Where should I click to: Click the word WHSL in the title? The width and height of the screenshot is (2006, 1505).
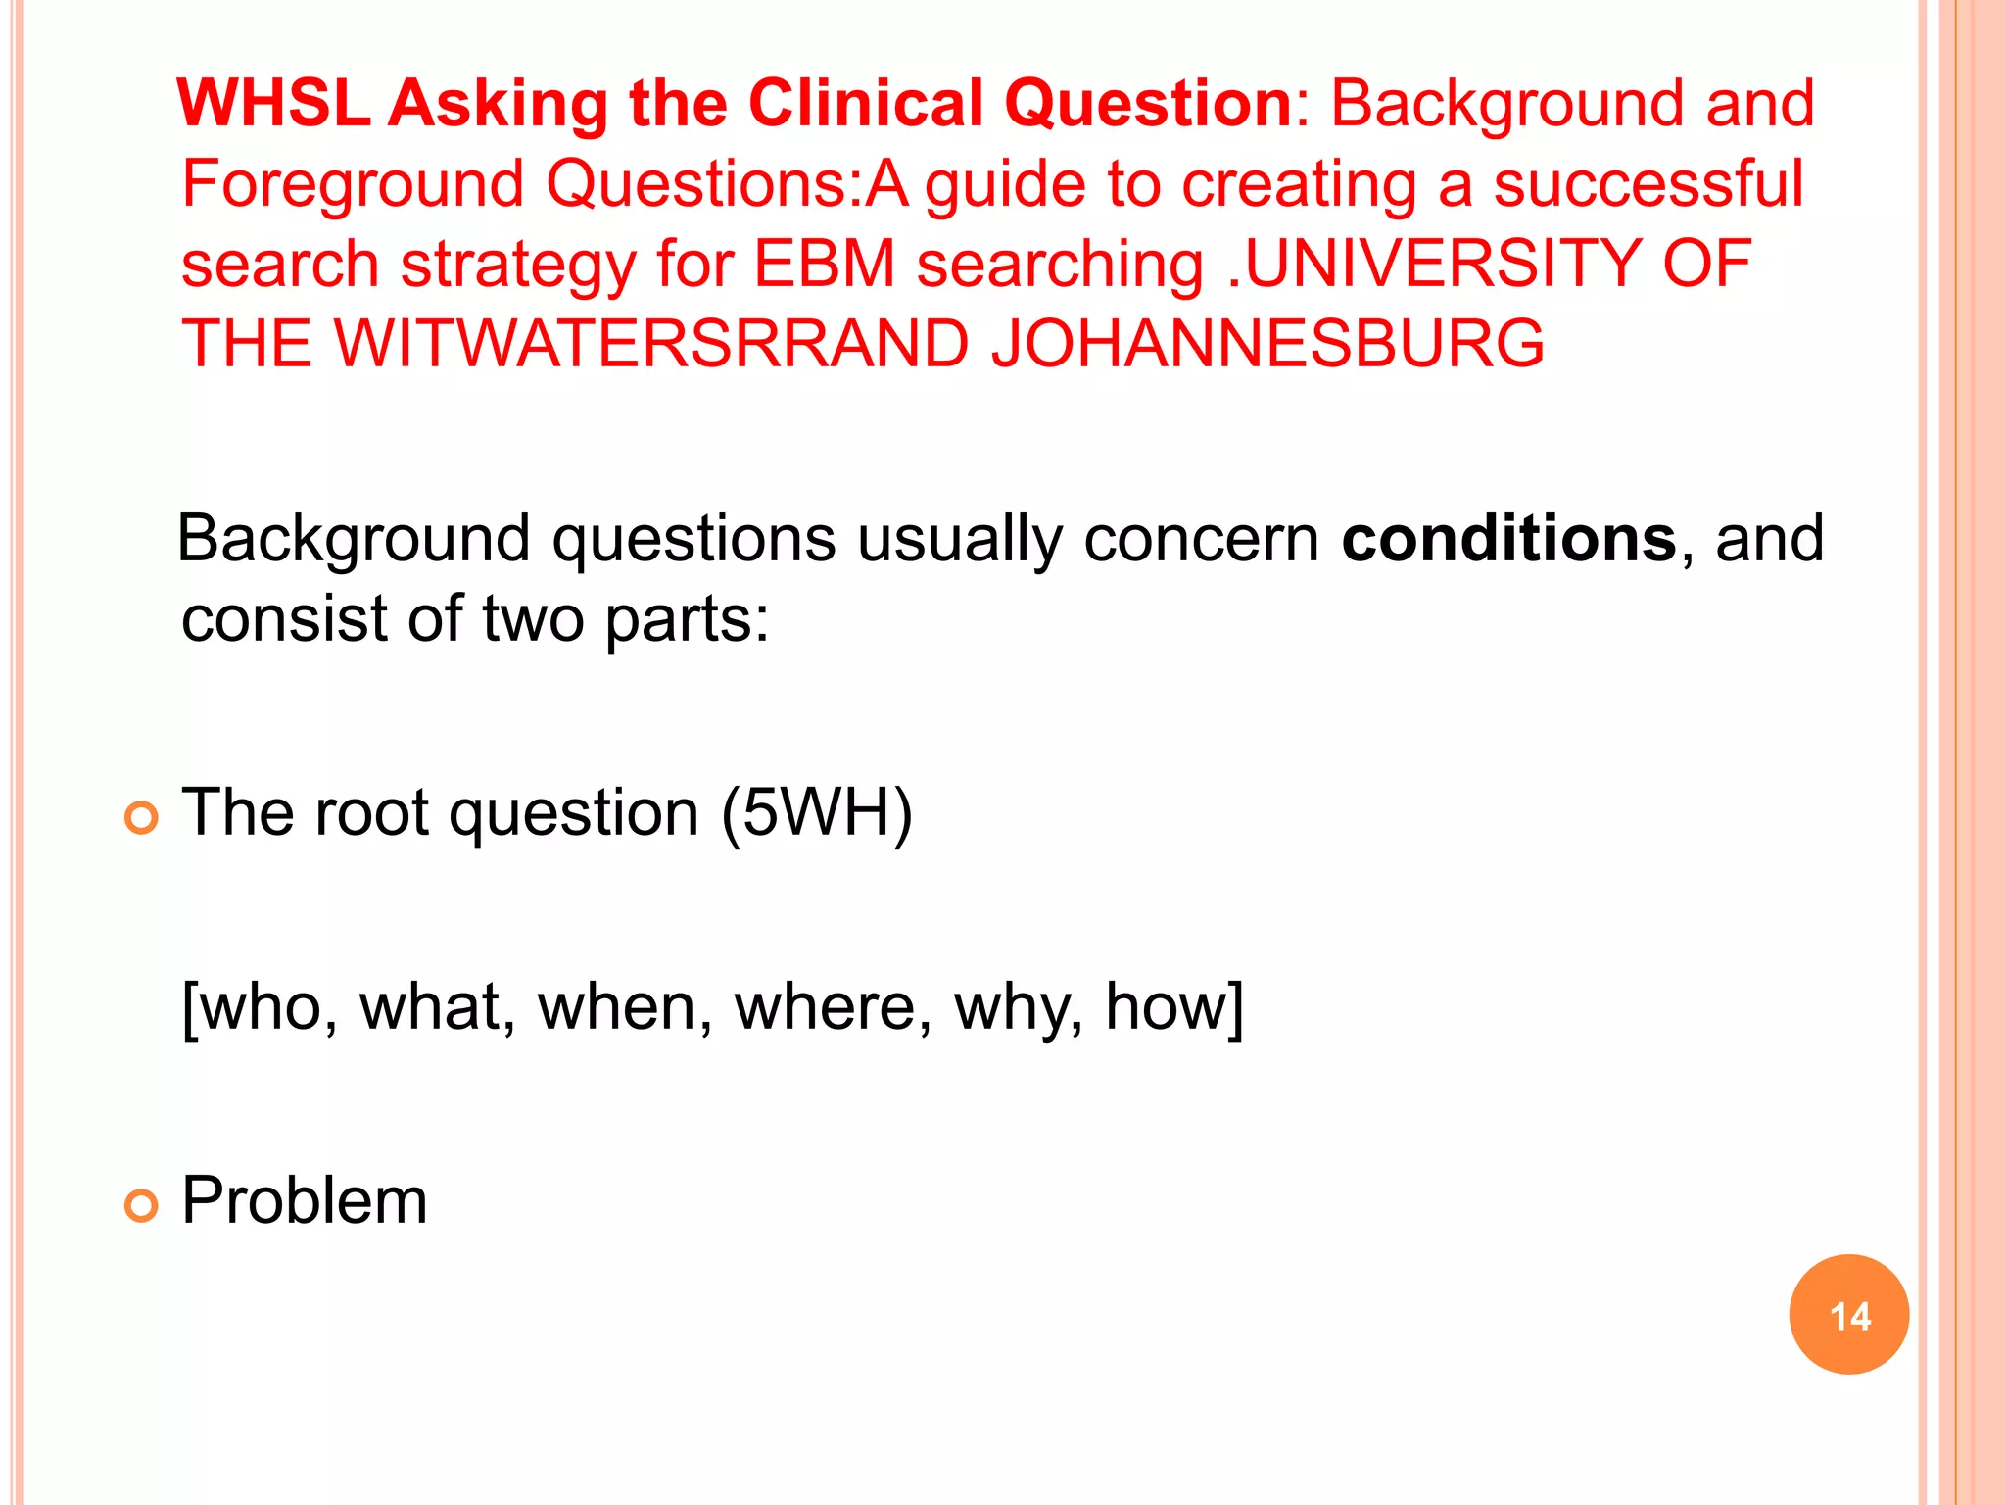pos(274,104)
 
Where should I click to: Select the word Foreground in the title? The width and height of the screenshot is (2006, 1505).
pos(354,184)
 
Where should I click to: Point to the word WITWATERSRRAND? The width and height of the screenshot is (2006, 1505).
pos(651,344)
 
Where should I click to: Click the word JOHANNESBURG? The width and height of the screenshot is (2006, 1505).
pos(1267,344)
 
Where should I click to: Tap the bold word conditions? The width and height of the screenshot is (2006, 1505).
pos(1508,539)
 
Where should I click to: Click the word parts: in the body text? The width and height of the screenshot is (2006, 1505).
pos(687,620)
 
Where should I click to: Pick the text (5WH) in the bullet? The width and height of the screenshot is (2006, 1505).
pos(817,812)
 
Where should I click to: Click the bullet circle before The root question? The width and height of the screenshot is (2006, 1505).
pos(142,817)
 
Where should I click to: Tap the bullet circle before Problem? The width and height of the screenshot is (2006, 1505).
pos(142,1205)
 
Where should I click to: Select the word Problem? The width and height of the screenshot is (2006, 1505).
pos(305,1200)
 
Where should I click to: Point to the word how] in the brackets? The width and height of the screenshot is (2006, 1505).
pos(1174,1007)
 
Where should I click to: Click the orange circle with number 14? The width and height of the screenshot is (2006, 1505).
pos(1848,1315)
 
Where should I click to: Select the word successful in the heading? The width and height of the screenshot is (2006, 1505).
pos(1648,184)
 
